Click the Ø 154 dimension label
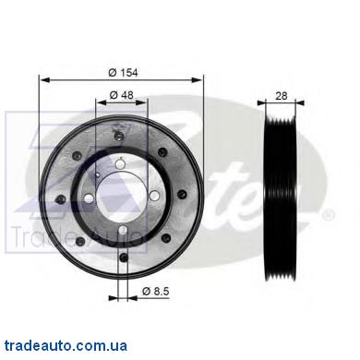click(123, 73)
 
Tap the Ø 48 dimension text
click(122, 95)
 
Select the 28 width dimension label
click(281, 96)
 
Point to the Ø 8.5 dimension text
click(156, 291)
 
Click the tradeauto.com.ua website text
click(66, 345)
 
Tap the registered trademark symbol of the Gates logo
click(328, 214)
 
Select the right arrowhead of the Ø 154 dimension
click(198, 80)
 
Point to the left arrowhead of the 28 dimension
click(262, 103)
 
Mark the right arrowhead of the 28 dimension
click(299, 103)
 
